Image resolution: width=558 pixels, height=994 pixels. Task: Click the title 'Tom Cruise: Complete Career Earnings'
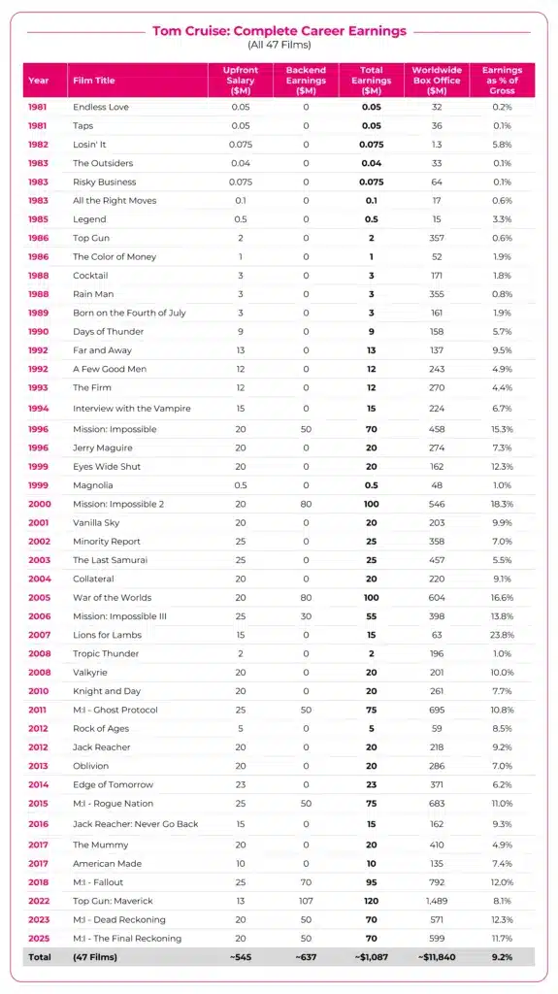pyautogui.click(x=279, y=31)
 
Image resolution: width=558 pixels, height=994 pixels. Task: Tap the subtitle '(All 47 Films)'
pyautogui.click(x=279, y=46)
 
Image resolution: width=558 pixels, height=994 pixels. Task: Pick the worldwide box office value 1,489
pyautogui.click(x=436, y=901)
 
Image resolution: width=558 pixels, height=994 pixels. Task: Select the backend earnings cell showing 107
pyautogui.click(x=306, y=901)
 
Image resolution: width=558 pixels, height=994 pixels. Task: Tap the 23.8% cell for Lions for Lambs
pyautogui.click(x=502, y=635)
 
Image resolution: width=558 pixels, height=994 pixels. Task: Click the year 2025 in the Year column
pyautogui.click(x=39, y=938)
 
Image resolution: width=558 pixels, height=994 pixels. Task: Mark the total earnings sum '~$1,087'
pyautogui.click(x=371, y=957)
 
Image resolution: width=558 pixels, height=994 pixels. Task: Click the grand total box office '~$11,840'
pyautogui.click(x=436, y=957)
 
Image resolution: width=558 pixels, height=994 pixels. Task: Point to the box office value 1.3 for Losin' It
pyautogui.click(x=436, y=145)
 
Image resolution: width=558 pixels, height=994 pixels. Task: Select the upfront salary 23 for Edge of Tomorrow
pyautogui.click(x=240, y=784)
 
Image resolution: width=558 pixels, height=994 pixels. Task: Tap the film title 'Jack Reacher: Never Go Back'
pyautogui.click(x=135, y=825)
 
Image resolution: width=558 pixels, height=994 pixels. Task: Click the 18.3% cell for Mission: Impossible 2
pyautogui.click(x=502, y=504)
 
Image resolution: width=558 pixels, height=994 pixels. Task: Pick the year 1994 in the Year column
pyautogui.click(x=39, y=410)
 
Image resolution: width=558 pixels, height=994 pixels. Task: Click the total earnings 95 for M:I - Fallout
pyautogui.click(x=371, y=881)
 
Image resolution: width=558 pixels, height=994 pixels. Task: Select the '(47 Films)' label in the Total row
pyautogui.click(x=95, y=957)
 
